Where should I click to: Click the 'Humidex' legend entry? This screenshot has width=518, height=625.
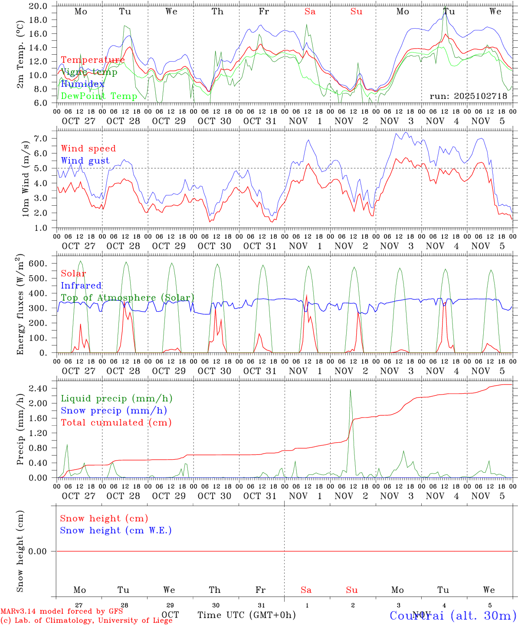pos(82,84)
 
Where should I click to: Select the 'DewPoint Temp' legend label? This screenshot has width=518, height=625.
pos(99,96)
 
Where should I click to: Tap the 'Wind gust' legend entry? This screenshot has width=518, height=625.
pos(85,161)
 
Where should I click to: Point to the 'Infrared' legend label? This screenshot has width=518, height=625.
pos(81,286)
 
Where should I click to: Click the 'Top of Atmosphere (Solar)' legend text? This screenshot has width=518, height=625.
pos(128,298)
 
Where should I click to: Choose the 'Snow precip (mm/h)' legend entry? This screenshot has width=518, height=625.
pos(114,411)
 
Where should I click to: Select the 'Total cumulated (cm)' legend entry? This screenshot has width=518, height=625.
pos(116,422)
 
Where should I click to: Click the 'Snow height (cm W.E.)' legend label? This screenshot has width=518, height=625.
pos(116,530)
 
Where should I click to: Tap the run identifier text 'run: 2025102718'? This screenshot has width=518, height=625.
pos(468,96)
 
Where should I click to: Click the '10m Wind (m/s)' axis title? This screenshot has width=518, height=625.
pos(26,178)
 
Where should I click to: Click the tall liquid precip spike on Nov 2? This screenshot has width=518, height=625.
pos(350,391)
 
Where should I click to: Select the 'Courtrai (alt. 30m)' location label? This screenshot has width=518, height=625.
pos(453,615)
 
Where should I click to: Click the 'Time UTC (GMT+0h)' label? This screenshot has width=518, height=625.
pos(246,615)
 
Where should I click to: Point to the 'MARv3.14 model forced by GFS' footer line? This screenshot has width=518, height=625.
pos(62,611)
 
